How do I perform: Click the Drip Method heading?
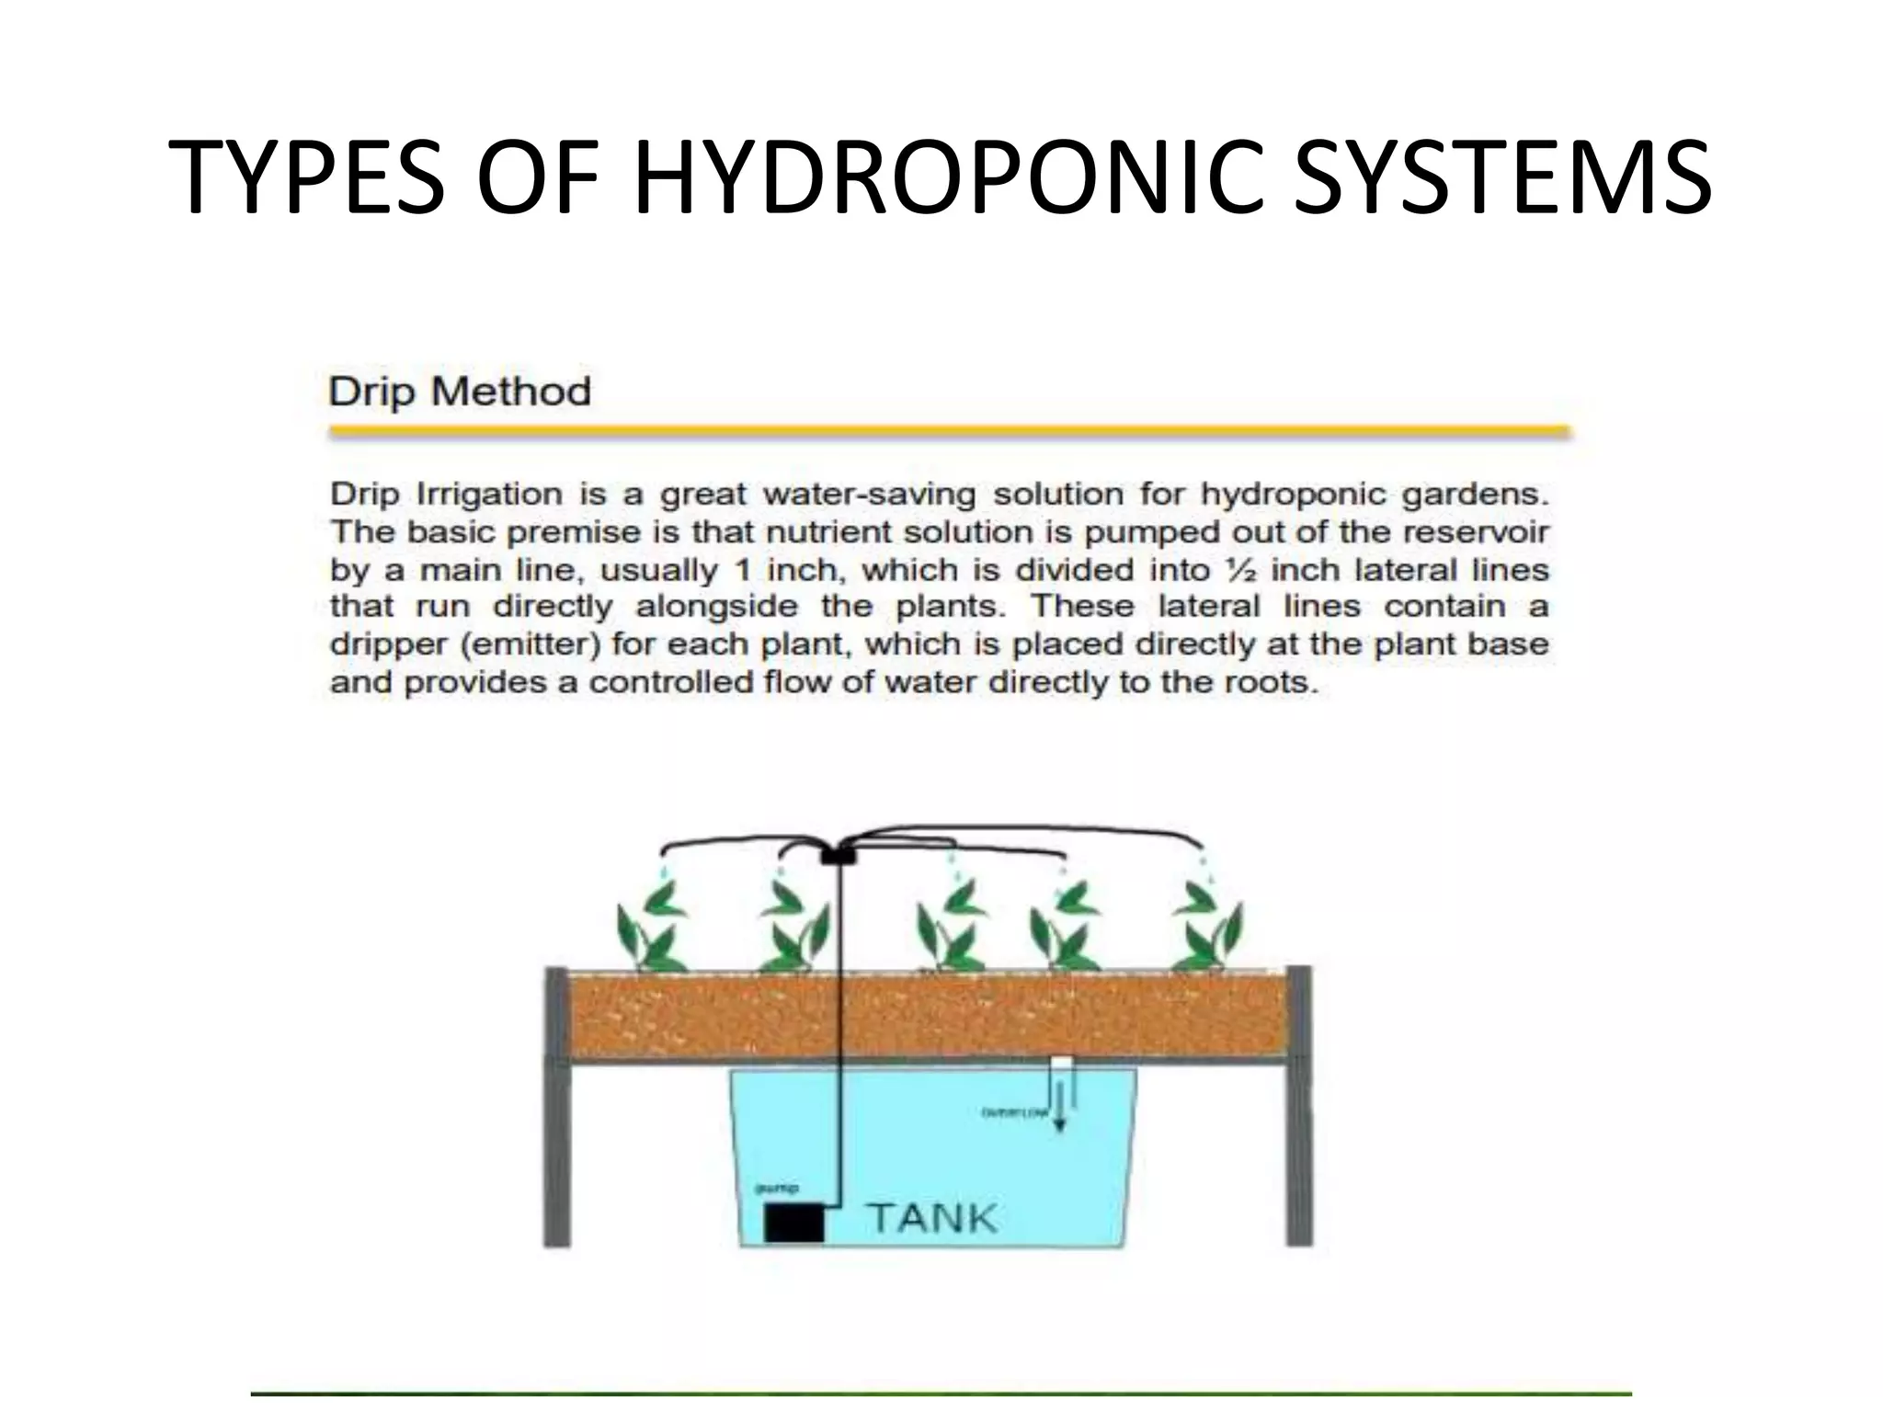pos(460,393)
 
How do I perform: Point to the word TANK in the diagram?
pos(932,1218)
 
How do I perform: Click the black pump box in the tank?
pos(793,1223)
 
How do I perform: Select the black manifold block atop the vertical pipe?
pos(838,854)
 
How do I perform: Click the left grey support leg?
pos(557,1108)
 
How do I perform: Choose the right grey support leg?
pos(1298,1108)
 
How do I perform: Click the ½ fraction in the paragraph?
pos(1241,570)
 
